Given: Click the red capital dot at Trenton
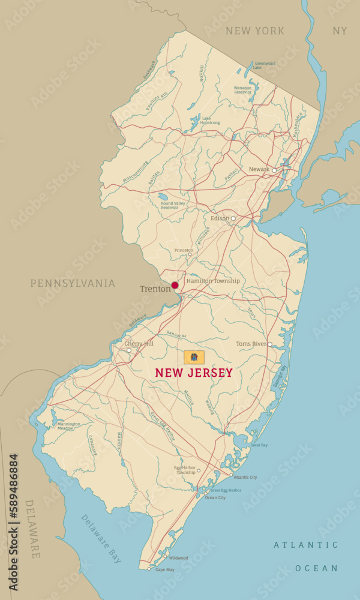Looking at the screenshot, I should pyautogui.click(x=175, y=286).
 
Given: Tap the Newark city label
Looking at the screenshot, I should pyautogui.click(x=259, y=170).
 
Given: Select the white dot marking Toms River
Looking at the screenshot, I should pyautogui.click(x=270, y=344).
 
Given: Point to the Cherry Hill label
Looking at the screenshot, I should pyautogui.click(x=139, y=344).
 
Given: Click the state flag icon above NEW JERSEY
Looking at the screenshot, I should pyautogui.click(x=194, y=358).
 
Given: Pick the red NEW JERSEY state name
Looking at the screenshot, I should pyautogui.click(x=194, y=373).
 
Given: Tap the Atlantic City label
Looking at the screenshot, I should pyautogui.click(x=245, y=478).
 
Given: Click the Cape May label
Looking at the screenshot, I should pyautogui.click(x=164, y=569).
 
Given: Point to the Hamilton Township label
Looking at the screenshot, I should pyautogui.click(x=213, y=281).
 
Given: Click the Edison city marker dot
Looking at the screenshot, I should pyautogui.click(x=233, y=218).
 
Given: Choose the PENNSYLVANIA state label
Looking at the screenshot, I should pyautogui.click(x=73, y=283).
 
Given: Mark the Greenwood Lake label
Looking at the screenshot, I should pyautogui.click(x=265, y=65).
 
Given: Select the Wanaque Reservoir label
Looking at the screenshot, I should pyautogui.click(x=242, y=90).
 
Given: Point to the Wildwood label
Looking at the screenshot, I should pyautogui.click(x=178, y=558).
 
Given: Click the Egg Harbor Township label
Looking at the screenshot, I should pyautogui.click(x=185, y=470).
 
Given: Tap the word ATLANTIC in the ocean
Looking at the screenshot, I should pyautogui.click(x=306, y=545).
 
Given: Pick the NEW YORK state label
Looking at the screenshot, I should pyautogui.click(x=255, y=31).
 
